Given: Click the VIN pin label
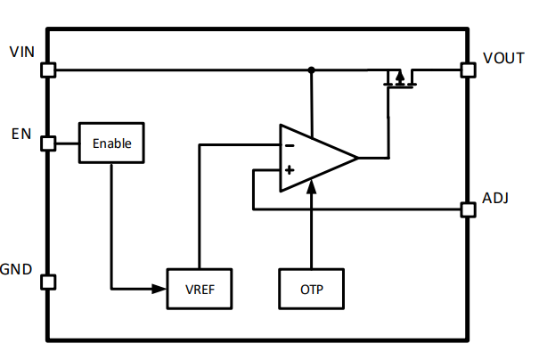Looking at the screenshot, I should tap(21, 52).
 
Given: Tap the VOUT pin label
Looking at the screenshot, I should tap(503, 58).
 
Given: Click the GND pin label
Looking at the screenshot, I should tap(18, 269).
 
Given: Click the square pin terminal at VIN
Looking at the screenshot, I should tap(48, 70).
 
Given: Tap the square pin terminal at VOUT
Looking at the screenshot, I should tap(467, 70).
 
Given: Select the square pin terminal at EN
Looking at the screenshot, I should tap(48, 143).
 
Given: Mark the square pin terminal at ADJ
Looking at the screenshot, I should tap(467, 209).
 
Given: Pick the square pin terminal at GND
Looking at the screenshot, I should tap(48, 282).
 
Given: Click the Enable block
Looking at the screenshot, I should tap(111, 143).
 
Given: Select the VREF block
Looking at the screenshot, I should tap(200, 289).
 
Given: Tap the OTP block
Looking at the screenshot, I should tap(311, 289).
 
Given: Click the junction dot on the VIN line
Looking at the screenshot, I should tap(311, 70).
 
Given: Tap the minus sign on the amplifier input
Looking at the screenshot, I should tap(289, 144).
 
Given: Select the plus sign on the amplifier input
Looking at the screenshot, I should tap(289, 170).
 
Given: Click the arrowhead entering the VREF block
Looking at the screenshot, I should tap(161, 288).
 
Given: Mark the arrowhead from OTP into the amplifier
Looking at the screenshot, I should tap(311, 187).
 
